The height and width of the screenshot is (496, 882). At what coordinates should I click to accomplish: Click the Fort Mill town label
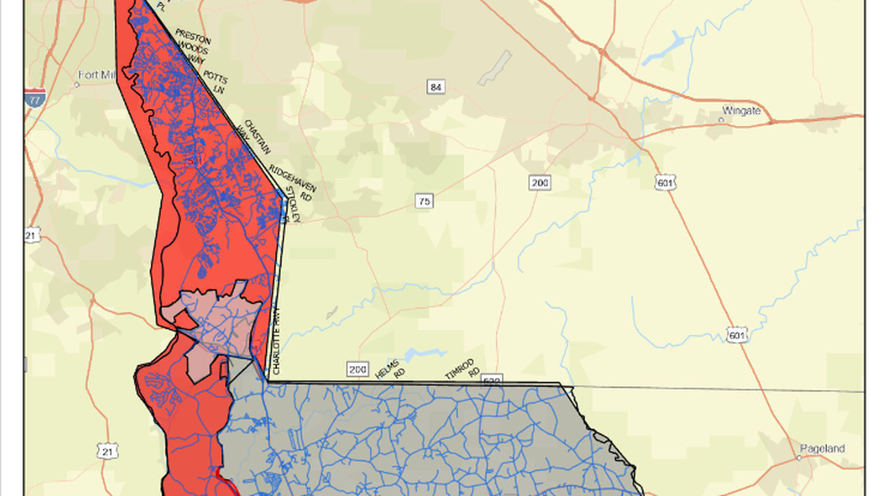pos(97,76)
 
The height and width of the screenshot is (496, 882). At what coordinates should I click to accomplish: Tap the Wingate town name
pos(741,111)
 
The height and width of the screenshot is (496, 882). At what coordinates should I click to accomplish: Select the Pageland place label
pos(823,448)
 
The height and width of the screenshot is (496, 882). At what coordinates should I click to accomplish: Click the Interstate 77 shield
pos(35,97)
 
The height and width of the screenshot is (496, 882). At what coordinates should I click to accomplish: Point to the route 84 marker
pos(436,87)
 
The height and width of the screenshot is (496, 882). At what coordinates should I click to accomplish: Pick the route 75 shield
pos(423,201)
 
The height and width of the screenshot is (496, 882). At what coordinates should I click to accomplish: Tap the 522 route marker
pos(491,380)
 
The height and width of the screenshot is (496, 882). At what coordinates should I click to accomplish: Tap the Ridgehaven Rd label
pos(291,183)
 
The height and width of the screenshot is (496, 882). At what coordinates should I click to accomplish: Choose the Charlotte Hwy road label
pos(276,341)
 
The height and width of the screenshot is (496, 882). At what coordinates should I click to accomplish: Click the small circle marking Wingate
pos(720,120)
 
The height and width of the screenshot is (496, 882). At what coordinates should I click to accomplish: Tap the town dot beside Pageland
pos(799,457)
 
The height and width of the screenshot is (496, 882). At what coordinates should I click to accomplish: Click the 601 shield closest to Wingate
pos(665,183)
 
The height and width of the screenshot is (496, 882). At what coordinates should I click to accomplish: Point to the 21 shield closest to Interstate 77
pos(32,234)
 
